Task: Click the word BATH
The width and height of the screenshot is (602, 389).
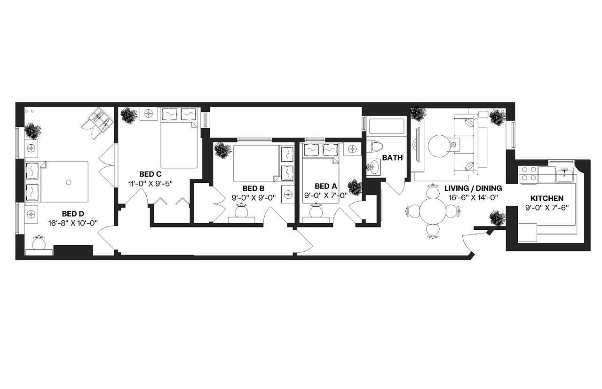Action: click(x=392, y=158)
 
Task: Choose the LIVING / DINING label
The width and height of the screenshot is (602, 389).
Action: click(x=473, y=188)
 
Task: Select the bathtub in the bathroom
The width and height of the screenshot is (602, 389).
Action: click(x=385, y=127)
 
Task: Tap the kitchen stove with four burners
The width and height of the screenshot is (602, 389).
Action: click(x=529, y=174)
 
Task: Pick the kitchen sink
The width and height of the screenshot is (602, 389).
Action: click(x=563, y=175)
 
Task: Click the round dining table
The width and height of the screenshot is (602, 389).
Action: click(x=431, y=211)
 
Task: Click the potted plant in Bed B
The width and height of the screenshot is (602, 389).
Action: click(x=222, y=150)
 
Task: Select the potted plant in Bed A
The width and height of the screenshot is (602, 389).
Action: click(x=355, y=187)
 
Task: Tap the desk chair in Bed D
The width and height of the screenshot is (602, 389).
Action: click(x=38, y=244)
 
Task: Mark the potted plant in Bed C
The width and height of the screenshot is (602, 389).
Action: click(x=128, y=115)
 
